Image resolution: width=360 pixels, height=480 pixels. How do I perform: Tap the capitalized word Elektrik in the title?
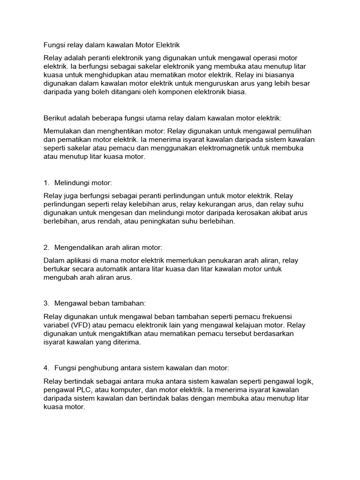click(x=167, y=45)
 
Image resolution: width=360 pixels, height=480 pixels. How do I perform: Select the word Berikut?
click(x=56, y=119)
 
